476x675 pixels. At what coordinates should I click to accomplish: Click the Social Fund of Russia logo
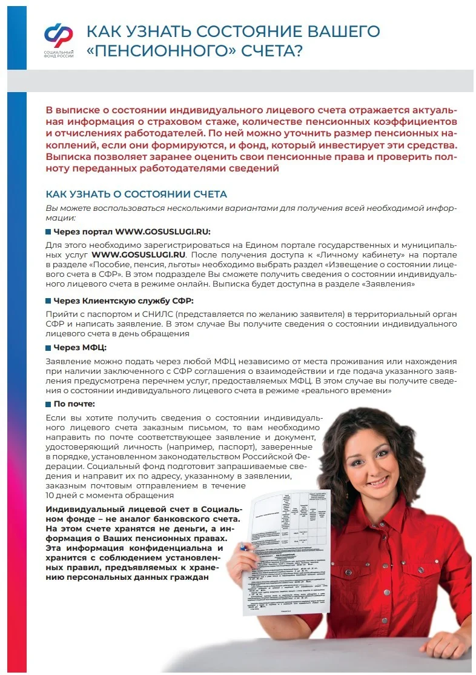pos(58,35)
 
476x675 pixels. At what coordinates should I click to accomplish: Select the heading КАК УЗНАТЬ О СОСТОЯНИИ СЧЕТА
pos(136,194)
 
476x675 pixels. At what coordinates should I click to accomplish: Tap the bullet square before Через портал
pos(48,232)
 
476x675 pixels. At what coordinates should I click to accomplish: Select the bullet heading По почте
pos(74,404)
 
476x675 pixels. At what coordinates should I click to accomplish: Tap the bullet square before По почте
pos(48,404)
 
